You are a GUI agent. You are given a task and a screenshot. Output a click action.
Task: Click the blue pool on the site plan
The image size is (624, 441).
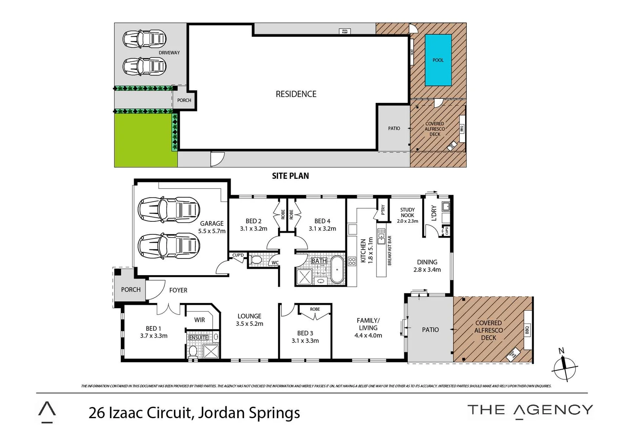(438, 60)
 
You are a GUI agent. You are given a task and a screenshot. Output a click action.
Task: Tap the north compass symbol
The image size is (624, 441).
(564, 366)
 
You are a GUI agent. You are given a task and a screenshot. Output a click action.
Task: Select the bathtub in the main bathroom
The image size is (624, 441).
(337, 269)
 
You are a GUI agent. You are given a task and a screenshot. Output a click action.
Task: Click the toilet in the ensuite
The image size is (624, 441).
(193, 351)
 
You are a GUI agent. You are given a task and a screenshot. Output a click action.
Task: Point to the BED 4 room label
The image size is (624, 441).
(322, 225)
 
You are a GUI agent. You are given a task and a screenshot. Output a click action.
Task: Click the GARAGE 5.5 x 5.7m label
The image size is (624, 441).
(212, 227)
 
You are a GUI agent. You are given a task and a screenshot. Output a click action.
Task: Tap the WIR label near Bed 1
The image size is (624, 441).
(199, 320)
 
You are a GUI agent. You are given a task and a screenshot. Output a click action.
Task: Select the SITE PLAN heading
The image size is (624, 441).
(290, 176)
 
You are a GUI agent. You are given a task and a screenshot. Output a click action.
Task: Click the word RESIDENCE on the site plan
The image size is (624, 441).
(296, 94)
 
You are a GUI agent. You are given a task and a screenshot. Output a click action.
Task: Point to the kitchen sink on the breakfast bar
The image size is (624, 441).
(381, 236)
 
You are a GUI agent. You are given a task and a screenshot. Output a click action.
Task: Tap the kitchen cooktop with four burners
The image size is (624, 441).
(352, 261)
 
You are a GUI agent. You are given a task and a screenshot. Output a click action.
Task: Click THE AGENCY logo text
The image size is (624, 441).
(530, 410)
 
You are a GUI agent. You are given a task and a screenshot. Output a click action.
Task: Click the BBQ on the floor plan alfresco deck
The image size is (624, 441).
(527, 330)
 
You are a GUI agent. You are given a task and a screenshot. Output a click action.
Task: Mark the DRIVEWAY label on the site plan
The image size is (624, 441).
(169, 53)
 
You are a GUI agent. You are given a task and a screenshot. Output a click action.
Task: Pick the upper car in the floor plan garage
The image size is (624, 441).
(169, 210)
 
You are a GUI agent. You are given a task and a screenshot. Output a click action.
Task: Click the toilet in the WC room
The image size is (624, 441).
(256, 260)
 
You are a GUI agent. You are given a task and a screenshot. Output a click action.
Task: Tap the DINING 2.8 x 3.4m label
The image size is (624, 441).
(427, 265)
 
